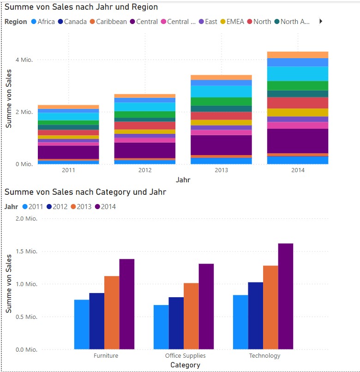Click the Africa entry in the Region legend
[x=46, y=22]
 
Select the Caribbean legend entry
[x=111, y=22]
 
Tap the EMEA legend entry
[x=235, y=22]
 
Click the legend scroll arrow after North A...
[x=321, y=21]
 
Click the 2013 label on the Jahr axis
[x=221, y=170]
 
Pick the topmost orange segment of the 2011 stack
[x=68, y=107]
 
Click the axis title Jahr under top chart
[x=183, y=180]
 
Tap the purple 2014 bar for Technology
[x=286, y=296]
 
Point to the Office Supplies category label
[x=185, y=356]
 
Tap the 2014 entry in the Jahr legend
[x=108, y=206]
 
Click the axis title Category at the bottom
[x=185, y=365]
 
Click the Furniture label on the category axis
[x=106, y=356]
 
